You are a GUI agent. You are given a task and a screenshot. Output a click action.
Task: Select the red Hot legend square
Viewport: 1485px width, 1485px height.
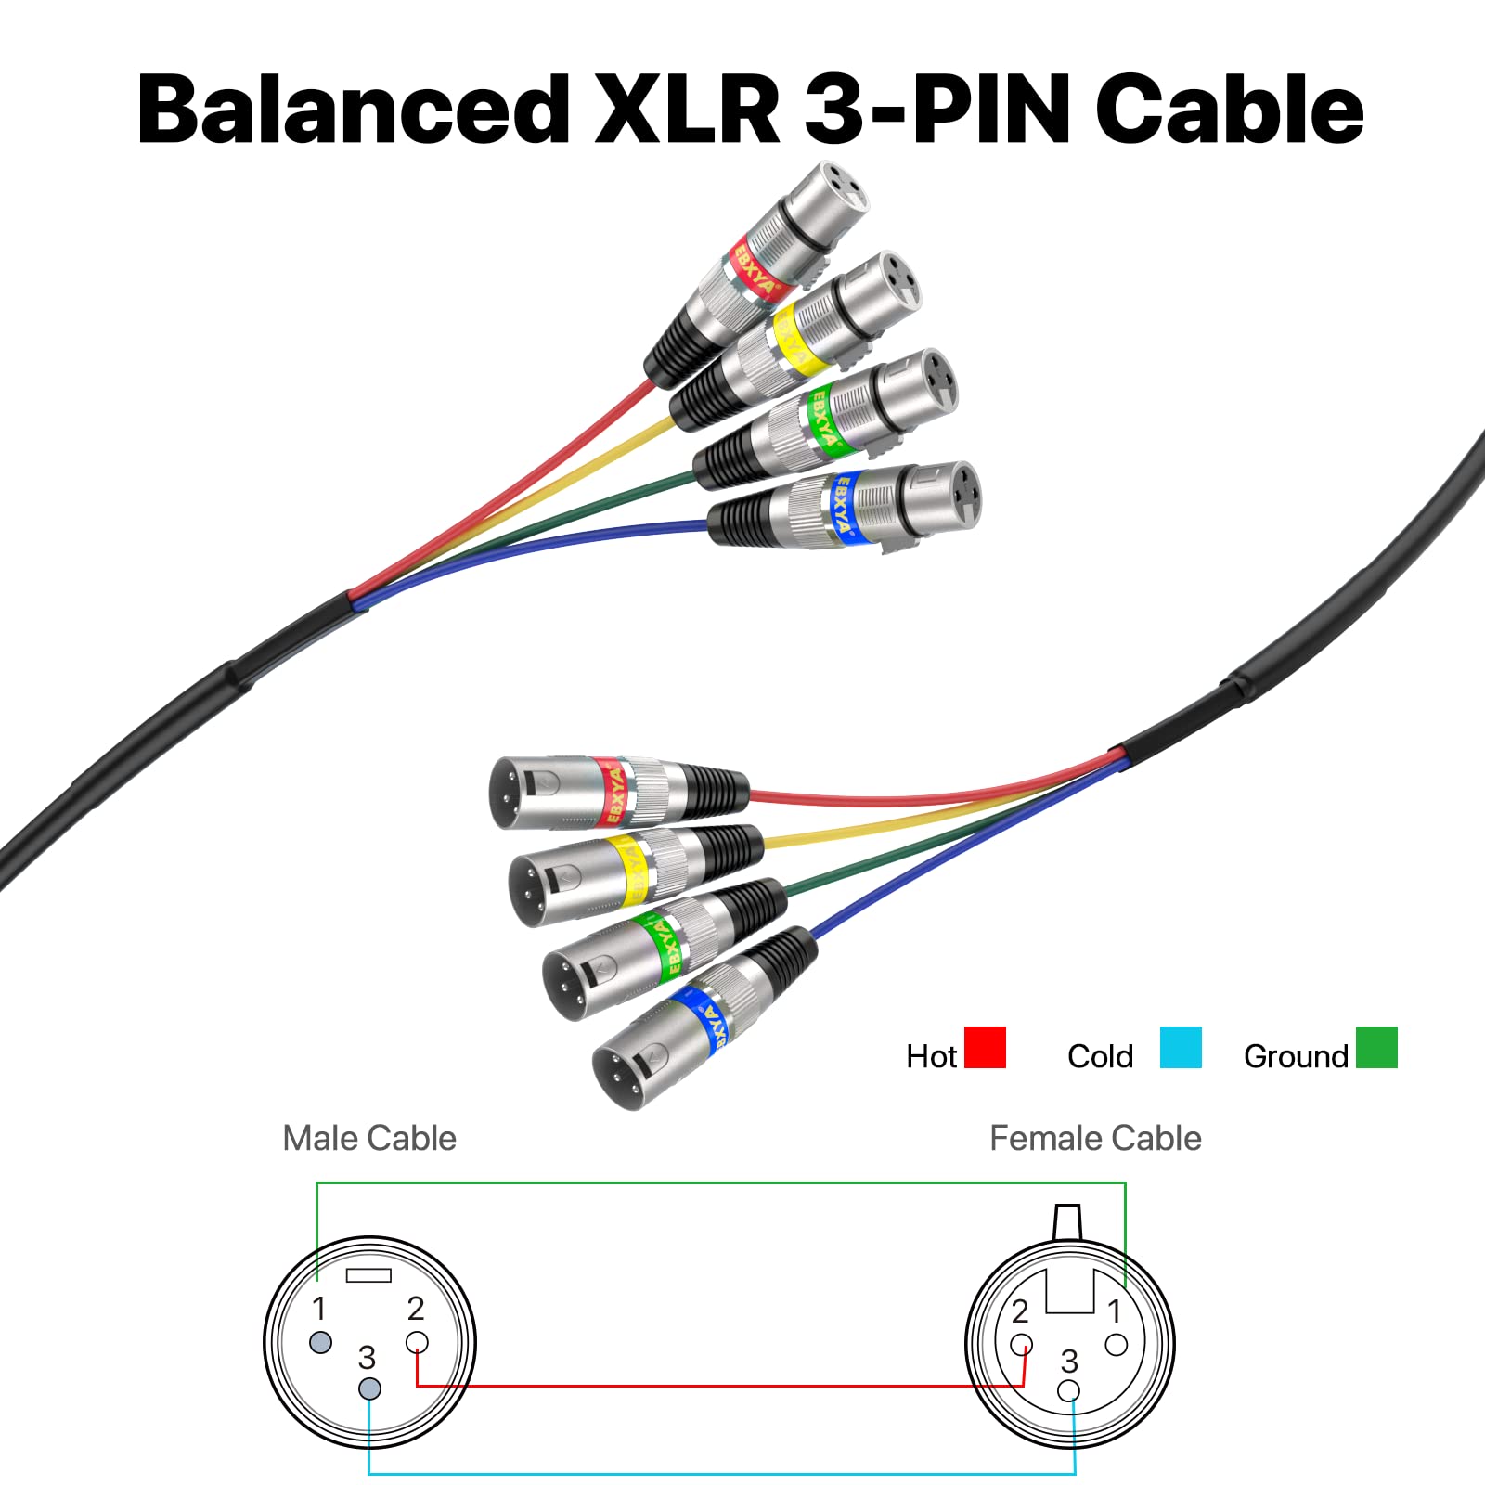985,1047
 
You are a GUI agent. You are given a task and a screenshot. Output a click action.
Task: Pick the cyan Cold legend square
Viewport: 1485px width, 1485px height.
1181,1047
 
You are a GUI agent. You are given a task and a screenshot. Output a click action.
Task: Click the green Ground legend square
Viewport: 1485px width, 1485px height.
1376,1047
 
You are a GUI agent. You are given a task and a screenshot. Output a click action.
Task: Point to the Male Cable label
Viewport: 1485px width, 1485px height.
369,1138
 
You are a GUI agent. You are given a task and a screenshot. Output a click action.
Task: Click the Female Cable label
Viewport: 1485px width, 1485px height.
1095,1138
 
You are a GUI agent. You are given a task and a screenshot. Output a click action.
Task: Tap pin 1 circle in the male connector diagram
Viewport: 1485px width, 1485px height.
321,1342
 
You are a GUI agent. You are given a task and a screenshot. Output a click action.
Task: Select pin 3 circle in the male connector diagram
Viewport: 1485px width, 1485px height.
369,1389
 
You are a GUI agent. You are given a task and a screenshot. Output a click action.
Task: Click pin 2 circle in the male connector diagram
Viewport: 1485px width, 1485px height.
418,1342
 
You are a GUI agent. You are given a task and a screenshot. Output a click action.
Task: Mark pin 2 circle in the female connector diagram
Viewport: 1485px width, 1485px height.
1021,1344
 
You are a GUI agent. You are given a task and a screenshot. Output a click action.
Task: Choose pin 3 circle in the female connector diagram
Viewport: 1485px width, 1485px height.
1069,1390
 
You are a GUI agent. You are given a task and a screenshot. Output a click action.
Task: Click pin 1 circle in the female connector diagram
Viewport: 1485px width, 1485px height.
1117,1344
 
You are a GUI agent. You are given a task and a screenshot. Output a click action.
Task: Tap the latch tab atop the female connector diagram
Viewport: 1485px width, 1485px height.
1069,1221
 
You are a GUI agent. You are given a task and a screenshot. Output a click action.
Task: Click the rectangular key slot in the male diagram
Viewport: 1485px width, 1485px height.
368,1275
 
